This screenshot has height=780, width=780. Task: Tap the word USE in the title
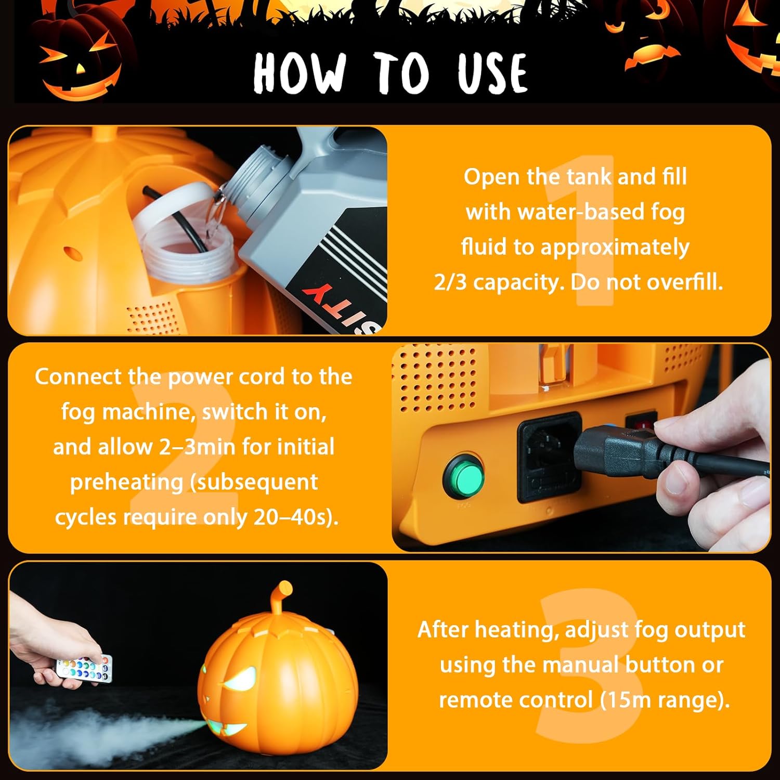pos(492,73)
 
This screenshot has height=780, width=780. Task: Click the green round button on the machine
pos(463,477)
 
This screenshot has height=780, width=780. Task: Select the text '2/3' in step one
pos(451,282)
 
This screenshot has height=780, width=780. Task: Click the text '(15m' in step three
pos(626,700)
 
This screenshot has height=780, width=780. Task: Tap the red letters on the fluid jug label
pos(333,302)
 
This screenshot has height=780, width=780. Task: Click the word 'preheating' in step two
pos(126,482)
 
